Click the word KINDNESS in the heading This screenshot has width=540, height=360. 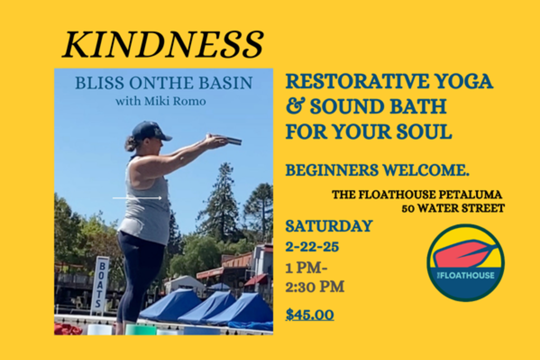162,44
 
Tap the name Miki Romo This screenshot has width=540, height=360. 175,101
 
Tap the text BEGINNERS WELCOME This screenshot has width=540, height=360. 378,170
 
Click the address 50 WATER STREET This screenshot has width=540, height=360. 453,208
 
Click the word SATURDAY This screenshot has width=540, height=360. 329,226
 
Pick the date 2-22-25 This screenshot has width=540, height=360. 312,247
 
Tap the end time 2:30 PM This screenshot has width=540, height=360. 315,287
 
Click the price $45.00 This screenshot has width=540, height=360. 310,315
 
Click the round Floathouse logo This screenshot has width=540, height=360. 466,262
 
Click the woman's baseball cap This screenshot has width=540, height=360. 150,131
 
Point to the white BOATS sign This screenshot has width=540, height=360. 100,285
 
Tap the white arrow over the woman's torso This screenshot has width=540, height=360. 137,198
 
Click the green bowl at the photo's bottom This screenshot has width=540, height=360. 141,329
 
